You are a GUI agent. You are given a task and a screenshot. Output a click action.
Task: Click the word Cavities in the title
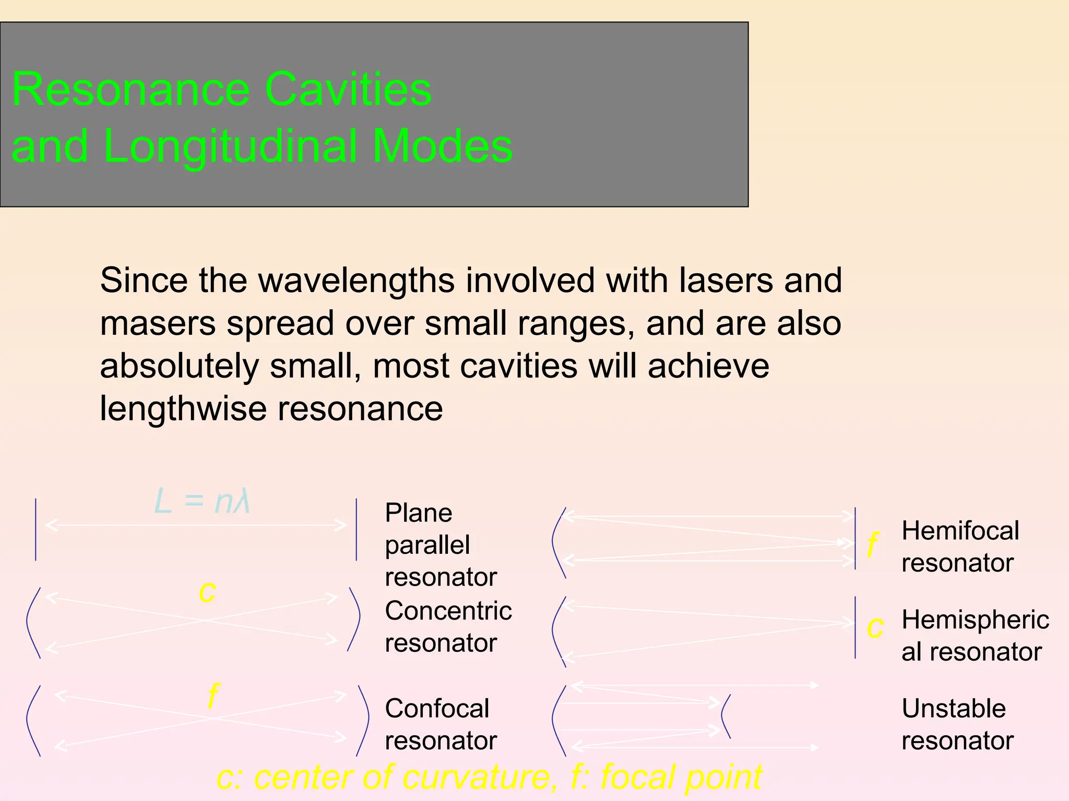tap(348, 90)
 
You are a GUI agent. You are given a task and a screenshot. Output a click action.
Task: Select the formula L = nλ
tap(202, 502)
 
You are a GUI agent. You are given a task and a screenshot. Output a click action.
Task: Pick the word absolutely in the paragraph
tap(179, 366)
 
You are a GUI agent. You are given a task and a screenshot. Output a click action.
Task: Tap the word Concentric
tap(448, 611)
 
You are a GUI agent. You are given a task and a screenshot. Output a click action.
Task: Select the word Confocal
tap(437, 709)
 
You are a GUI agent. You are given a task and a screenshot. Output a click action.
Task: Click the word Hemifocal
tap(960, 531)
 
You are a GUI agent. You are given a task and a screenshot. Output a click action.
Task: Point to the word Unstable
tap(953, 709)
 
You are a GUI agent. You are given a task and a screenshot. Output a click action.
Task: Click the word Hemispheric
tap(975, 620)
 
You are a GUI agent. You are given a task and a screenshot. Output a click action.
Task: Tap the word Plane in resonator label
tap(418, 513)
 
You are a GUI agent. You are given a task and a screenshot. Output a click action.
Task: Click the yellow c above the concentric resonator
tap(207, 593)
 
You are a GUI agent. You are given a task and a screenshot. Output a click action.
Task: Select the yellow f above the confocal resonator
tap(213, 695)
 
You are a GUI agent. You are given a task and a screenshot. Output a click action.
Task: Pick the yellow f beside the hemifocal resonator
tap(872, 545)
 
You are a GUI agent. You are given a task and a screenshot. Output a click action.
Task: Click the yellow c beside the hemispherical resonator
tap(875, 628)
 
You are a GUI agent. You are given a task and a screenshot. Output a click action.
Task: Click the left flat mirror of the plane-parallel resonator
tap(35, 529)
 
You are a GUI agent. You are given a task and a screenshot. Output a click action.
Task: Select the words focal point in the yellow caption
tap(681, 777)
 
